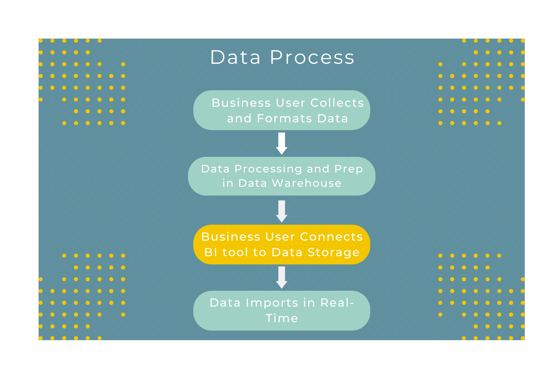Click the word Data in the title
click(x=235, y=58)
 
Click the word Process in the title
click(x=312, y=58)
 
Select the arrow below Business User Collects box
click(x=282, y=143)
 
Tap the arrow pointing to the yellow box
click(x=282, y=211)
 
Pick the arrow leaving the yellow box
click(x=282, y=277)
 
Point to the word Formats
click(x=284, y=119)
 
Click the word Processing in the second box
click(x=268, y=169)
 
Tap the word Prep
click(x=349, y=169)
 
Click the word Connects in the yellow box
click(x=331, y=237)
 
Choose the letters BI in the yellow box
click(x=211, y=252)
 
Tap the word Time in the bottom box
click(x=282, y=318)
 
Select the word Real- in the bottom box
click(x=337, y=303)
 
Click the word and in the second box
click(x=318, y=169)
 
